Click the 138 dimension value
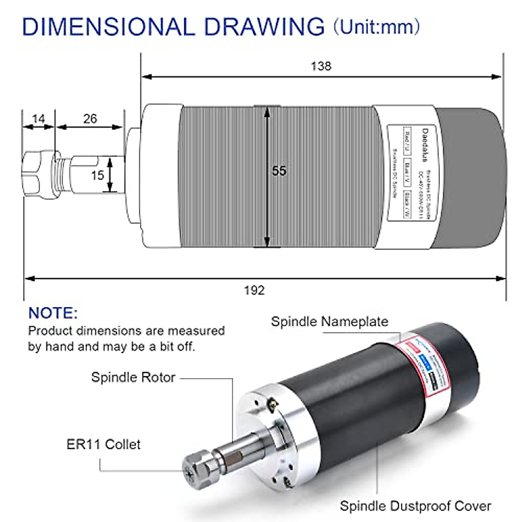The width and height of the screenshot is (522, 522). click(321, 66)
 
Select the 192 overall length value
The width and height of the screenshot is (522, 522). click(254, 290)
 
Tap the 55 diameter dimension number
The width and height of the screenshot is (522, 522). click(279, 171)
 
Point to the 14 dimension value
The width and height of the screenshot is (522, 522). click(38, 118)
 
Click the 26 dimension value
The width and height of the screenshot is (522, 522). click(90, 118)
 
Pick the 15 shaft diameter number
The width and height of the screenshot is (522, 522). click(97, 175)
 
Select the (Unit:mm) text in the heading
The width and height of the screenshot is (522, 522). click(376, 27)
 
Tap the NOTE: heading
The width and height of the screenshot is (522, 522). click(53, 313)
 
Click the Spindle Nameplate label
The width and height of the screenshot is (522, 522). click(329, 321)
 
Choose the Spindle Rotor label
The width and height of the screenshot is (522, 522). click(133, 377)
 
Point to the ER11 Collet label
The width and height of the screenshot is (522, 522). click(104, 445)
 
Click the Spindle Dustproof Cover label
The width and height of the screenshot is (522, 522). click(415, 506)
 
